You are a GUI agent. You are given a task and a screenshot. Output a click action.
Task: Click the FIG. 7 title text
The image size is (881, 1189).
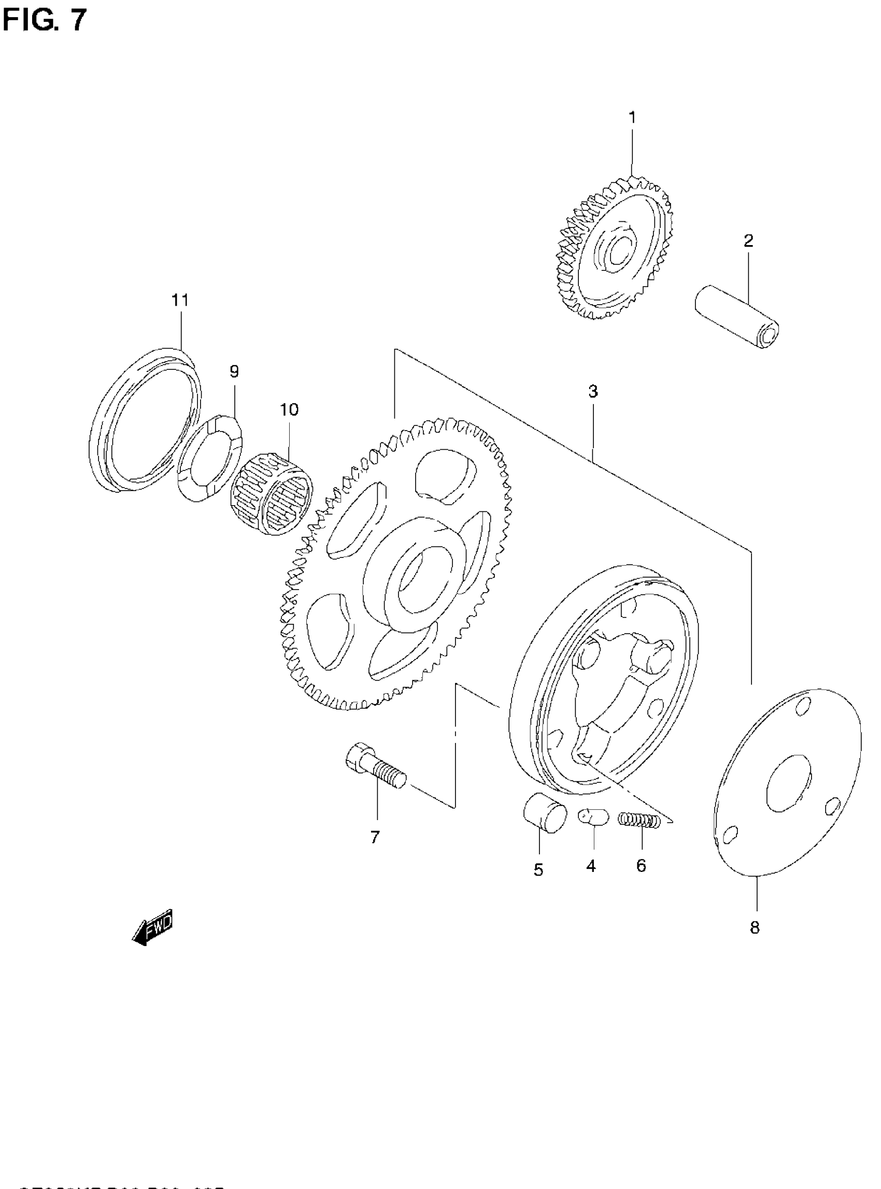pos(44,21)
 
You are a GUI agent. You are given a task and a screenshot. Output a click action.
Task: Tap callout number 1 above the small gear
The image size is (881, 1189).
pos(632,117)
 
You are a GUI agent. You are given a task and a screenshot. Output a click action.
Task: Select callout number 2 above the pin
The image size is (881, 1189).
pos(748,241)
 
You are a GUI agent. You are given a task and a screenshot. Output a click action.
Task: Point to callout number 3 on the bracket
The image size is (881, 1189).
pos(593,391)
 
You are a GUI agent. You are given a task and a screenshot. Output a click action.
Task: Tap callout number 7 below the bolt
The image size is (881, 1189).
pos(375,837)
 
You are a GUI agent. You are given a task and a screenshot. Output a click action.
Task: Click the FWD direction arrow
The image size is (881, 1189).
pos(153,926)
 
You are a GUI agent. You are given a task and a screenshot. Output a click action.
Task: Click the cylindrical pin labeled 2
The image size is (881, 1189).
pos(737,317)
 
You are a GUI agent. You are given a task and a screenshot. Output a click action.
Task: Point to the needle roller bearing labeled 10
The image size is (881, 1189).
pos(272,494)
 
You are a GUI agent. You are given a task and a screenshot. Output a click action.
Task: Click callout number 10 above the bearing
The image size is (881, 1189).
pos(289,409)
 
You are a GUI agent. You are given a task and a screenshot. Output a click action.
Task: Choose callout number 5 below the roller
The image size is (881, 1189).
pos(538,870)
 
